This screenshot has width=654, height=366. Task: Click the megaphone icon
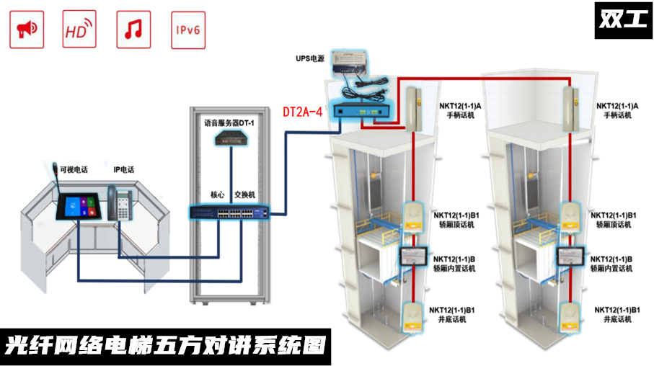(x=27, y=30)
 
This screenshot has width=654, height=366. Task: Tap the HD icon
(x=79, y=30)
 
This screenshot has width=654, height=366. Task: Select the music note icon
(x=133, y=30)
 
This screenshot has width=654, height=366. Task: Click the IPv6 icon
(x=188, y=30)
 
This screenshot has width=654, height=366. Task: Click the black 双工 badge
(x=623, y=20)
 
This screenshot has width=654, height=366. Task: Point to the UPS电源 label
(x=310, y=58)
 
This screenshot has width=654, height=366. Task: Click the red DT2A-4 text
(x=302, y=112)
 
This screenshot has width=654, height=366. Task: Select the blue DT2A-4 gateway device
(x=361, y=111)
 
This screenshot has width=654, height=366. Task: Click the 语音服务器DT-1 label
(x=229, y=123)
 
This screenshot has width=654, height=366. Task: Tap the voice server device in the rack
(x=231, y=138)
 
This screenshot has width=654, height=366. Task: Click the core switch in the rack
(x=229, y=213)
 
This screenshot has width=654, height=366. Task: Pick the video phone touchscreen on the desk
(x=79, y=206)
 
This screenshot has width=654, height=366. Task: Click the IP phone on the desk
(x=120, y=203)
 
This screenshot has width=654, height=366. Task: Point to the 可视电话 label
(x=74, y=169)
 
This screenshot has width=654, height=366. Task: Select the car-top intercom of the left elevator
(x=413, y=217)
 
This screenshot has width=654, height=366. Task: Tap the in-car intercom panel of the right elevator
(x=570, y=256)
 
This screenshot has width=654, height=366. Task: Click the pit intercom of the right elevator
(x=570, y=318)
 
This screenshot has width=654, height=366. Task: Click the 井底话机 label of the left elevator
(x=452, y=319)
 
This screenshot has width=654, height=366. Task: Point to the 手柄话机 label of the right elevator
(x=617, y=115)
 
